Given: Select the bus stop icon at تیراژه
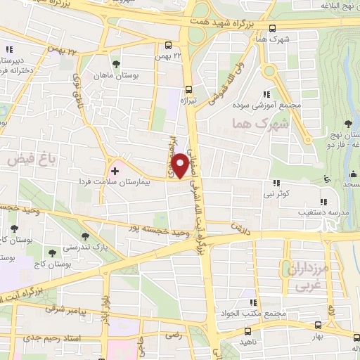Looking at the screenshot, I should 188,89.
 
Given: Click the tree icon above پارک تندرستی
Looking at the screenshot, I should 86,236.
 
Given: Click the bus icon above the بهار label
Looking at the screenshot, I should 318,324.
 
